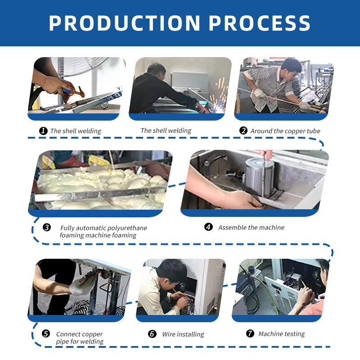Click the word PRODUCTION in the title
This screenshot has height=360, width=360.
[125, 23]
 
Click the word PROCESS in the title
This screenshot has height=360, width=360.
[260, 23]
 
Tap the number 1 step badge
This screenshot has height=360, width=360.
[43, 131]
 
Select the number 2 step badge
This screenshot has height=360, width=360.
[243, 130]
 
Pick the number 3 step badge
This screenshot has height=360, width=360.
[47, 227]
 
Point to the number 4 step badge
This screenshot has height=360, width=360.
[208, 227]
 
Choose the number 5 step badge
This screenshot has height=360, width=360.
[46, 333]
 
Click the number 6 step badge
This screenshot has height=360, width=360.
[152, 334]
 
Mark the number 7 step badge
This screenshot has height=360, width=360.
[250, 333]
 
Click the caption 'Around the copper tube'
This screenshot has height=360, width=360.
[285, 131]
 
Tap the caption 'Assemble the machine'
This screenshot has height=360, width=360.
[252, 227]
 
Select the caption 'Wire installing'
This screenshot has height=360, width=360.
[183, 334]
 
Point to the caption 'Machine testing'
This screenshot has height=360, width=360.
[282, 334]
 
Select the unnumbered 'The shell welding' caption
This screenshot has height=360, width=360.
[166, 130]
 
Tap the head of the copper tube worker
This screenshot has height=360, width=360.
[290, 68]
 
